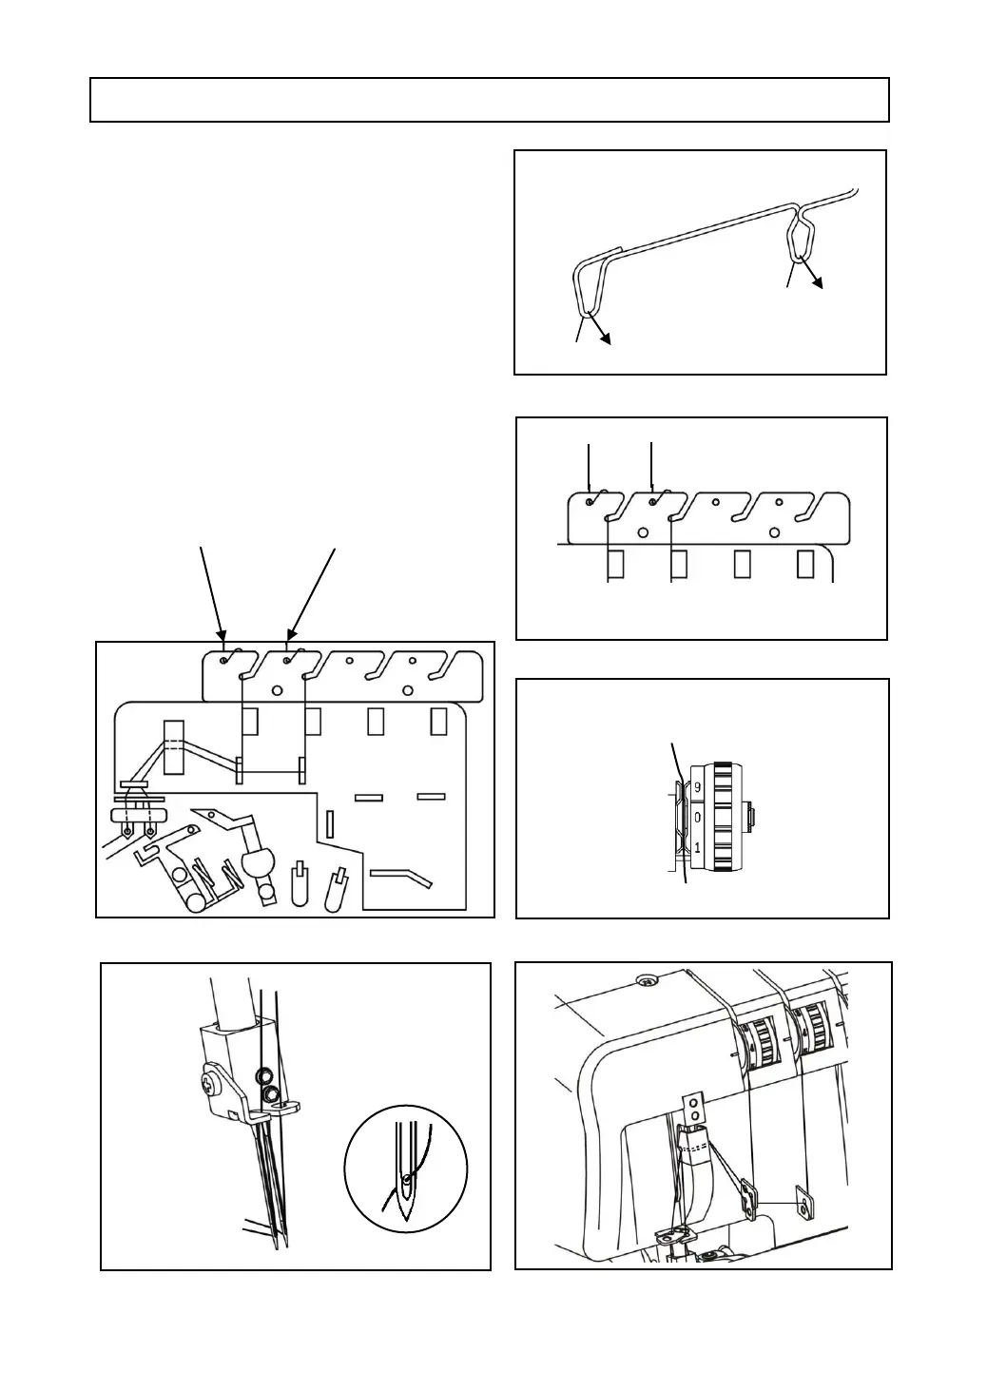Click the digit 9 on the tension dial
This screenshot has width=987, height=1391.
(x=697, y=787)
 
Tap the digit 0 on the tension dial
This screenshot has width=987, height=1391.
(x=697, y=818)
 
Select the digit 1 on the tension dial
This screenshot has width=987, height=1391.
(x=697, y=847)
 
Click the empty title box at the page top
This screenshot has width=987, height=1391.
(x=490, y=100)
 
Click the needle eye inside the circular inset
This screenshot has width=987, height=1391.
(x=408, y=1180)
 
